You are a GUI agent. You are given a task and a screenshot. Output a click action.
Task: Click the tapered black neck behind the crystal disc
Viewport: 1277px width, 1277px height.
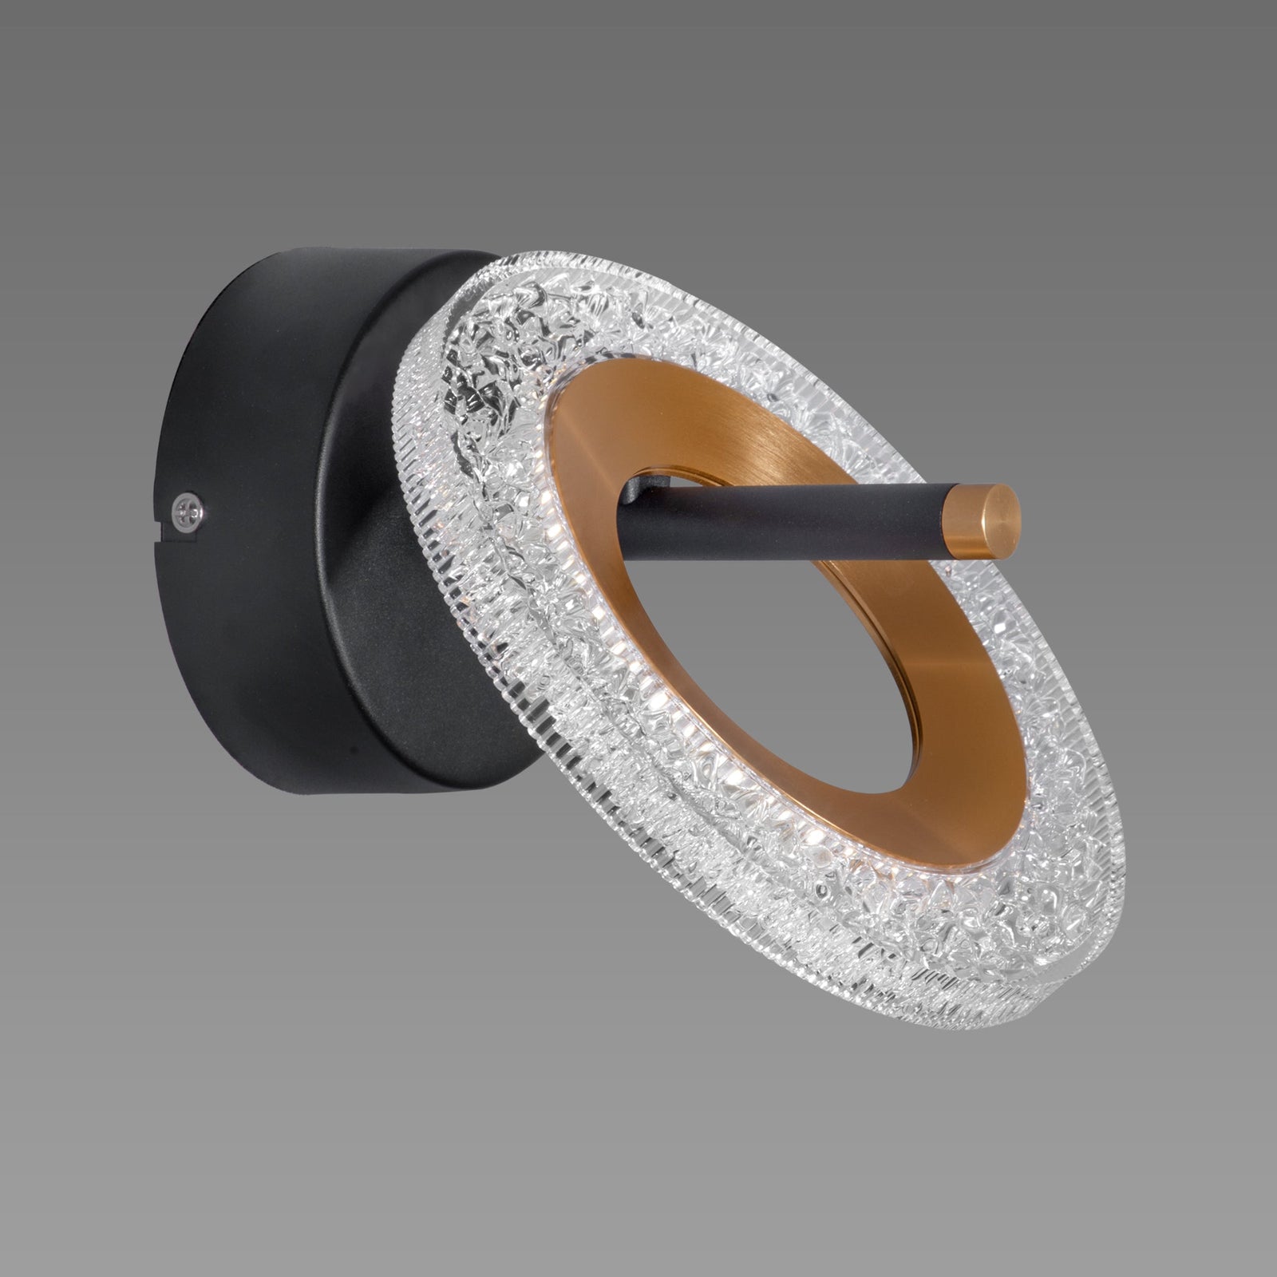(375, 511)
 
